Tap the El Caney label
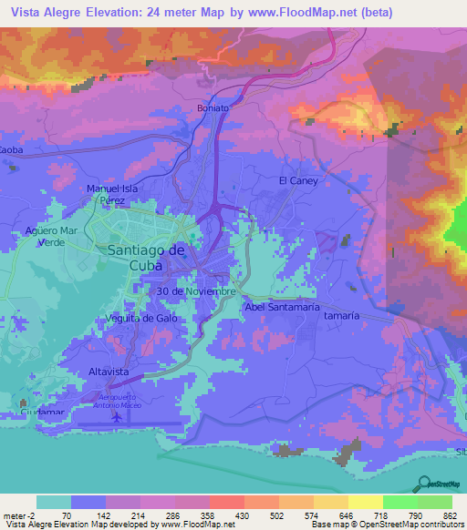click(298, 181)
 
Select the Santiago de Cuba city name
click(147, 257)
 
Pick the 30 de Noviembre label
click(197, 291)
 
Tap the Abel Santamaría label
click(280, 308)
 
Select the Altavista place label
click(107, 372)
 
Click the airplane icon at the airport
click(117, 417)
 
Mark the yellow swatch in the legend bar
click(365, 502)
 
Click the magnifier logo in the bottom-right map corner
click(424, 483)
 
